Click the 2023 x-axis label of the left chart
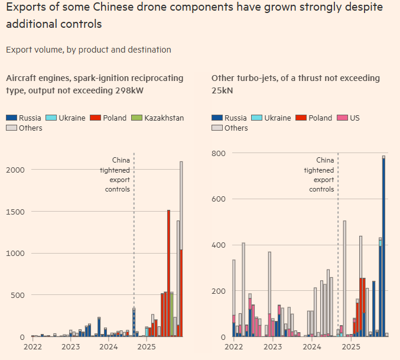[70, 347]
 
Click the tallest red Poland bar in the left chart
[168, 272]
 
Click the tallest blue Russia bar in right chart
[383, 248]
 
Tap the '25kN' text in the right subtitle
[222, 90]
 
